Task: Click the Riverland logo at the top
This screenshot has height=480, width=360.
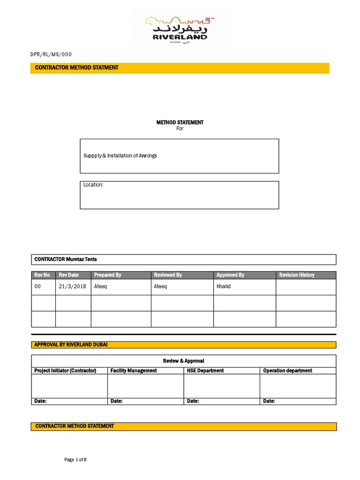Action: pos(180,29)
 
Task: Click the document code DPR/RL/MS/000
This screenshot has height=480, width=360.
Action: pos(51,55)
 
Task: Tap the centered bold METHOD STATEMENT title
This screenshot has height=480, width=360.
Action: pos(180,122)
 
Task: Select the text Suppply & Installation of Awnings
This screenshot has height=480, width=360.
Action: pos(120,156)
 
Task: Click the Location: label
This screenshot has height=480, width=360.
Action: pos(93,185)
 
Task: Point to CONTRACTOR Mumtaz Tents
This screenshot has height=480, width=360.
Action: pos(66,259)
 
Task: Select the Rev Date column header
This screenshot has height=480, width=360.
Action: pos(69,275)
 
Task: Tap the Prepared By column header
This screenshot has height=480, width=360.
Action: pos(108,275)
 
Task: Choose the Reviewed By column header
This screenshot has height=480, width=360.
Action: pos(168,275)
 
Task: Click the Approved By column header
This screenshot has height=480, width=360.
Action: pos(230,275)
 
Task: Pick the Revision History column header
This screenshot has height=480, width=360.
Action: pos(297,275)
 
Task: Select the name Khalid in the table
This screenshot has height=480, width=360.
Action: pos(224,286)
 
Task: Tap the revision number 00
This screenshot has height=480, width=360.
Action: pos(38,286)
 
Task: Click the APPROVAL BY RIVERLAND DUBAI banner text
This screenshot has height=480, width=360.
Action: pos(71,345)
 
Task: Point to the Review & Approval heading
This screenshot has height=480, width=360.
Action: pos(184,361)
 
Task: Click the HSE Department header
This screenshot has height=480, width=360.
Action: pos(205,371)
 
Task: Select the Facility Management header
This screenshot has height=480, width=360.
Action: pos(134,371)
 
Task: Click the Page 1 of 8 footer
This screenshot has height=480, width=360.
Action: pos(75,460)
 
